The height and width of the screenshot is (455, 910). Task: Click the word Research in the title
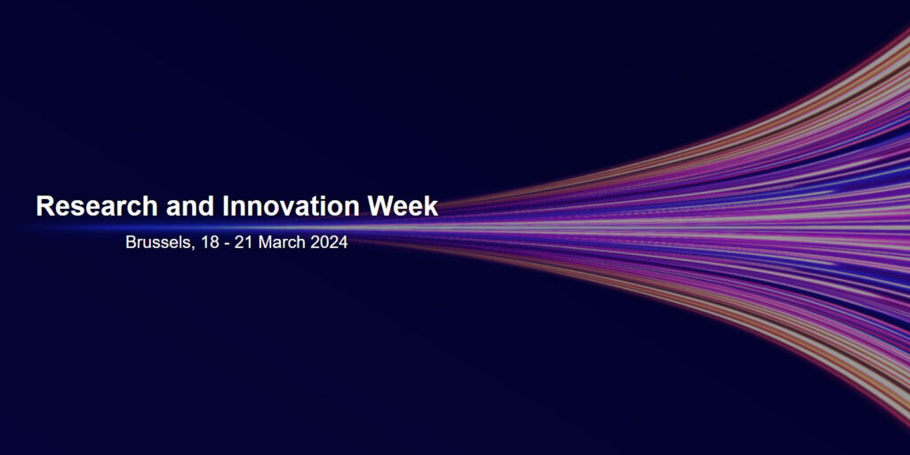click(x=97, y=206)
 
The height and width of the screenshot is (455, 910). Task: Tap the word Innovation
click(x=291, y=206)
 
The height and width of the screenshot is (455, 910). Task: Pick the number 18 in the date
click(x=210, y=243)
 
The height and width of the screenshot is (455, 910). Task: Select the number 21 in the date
click(x=243, y=243)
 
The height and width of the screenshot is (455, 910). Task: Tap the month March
click(x=282, y=243)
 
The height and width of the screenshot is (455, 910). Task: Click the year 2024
click(x=329, y=243)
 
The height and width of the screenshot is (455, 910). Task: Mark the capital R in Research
click(x=44, y=206)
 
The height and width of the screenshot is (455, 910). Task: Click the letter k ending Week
click(x=432, y=206)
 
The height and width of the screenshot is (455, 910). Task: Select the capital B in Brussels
click(x=131, y=243)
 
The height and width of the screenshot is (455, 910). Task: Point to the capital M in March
click(x=264, y=243)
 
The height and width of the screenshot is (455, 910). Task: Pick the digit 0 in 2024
click(x=324, y=243)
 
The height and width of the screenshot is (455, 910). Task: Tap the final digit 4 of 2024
click(x=344, y=243)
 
